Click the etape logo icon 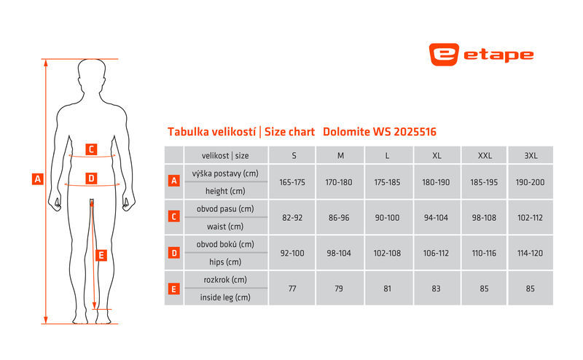444,55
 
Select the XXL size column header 485,155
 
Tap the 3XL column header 531,155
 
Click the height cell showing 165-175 292,182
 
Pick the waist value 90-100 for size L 387,218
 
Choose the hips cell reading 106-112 436,253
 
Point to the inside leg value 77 292,289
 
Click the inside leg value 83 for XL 436,289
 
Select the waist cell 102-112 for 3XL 531,218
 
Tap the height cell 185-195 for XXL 484,182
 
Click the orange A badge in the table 174,181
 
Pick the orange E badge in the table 174,289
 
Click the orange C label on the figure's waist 91,149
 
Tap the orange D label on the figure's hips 91,179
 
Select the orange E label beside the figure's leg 101,256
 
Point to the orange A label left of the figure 38,179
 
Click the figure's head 92,74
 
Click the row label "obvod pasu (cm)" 225,208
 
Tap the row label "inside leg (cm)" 225,297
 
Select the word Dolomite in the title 346,132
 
